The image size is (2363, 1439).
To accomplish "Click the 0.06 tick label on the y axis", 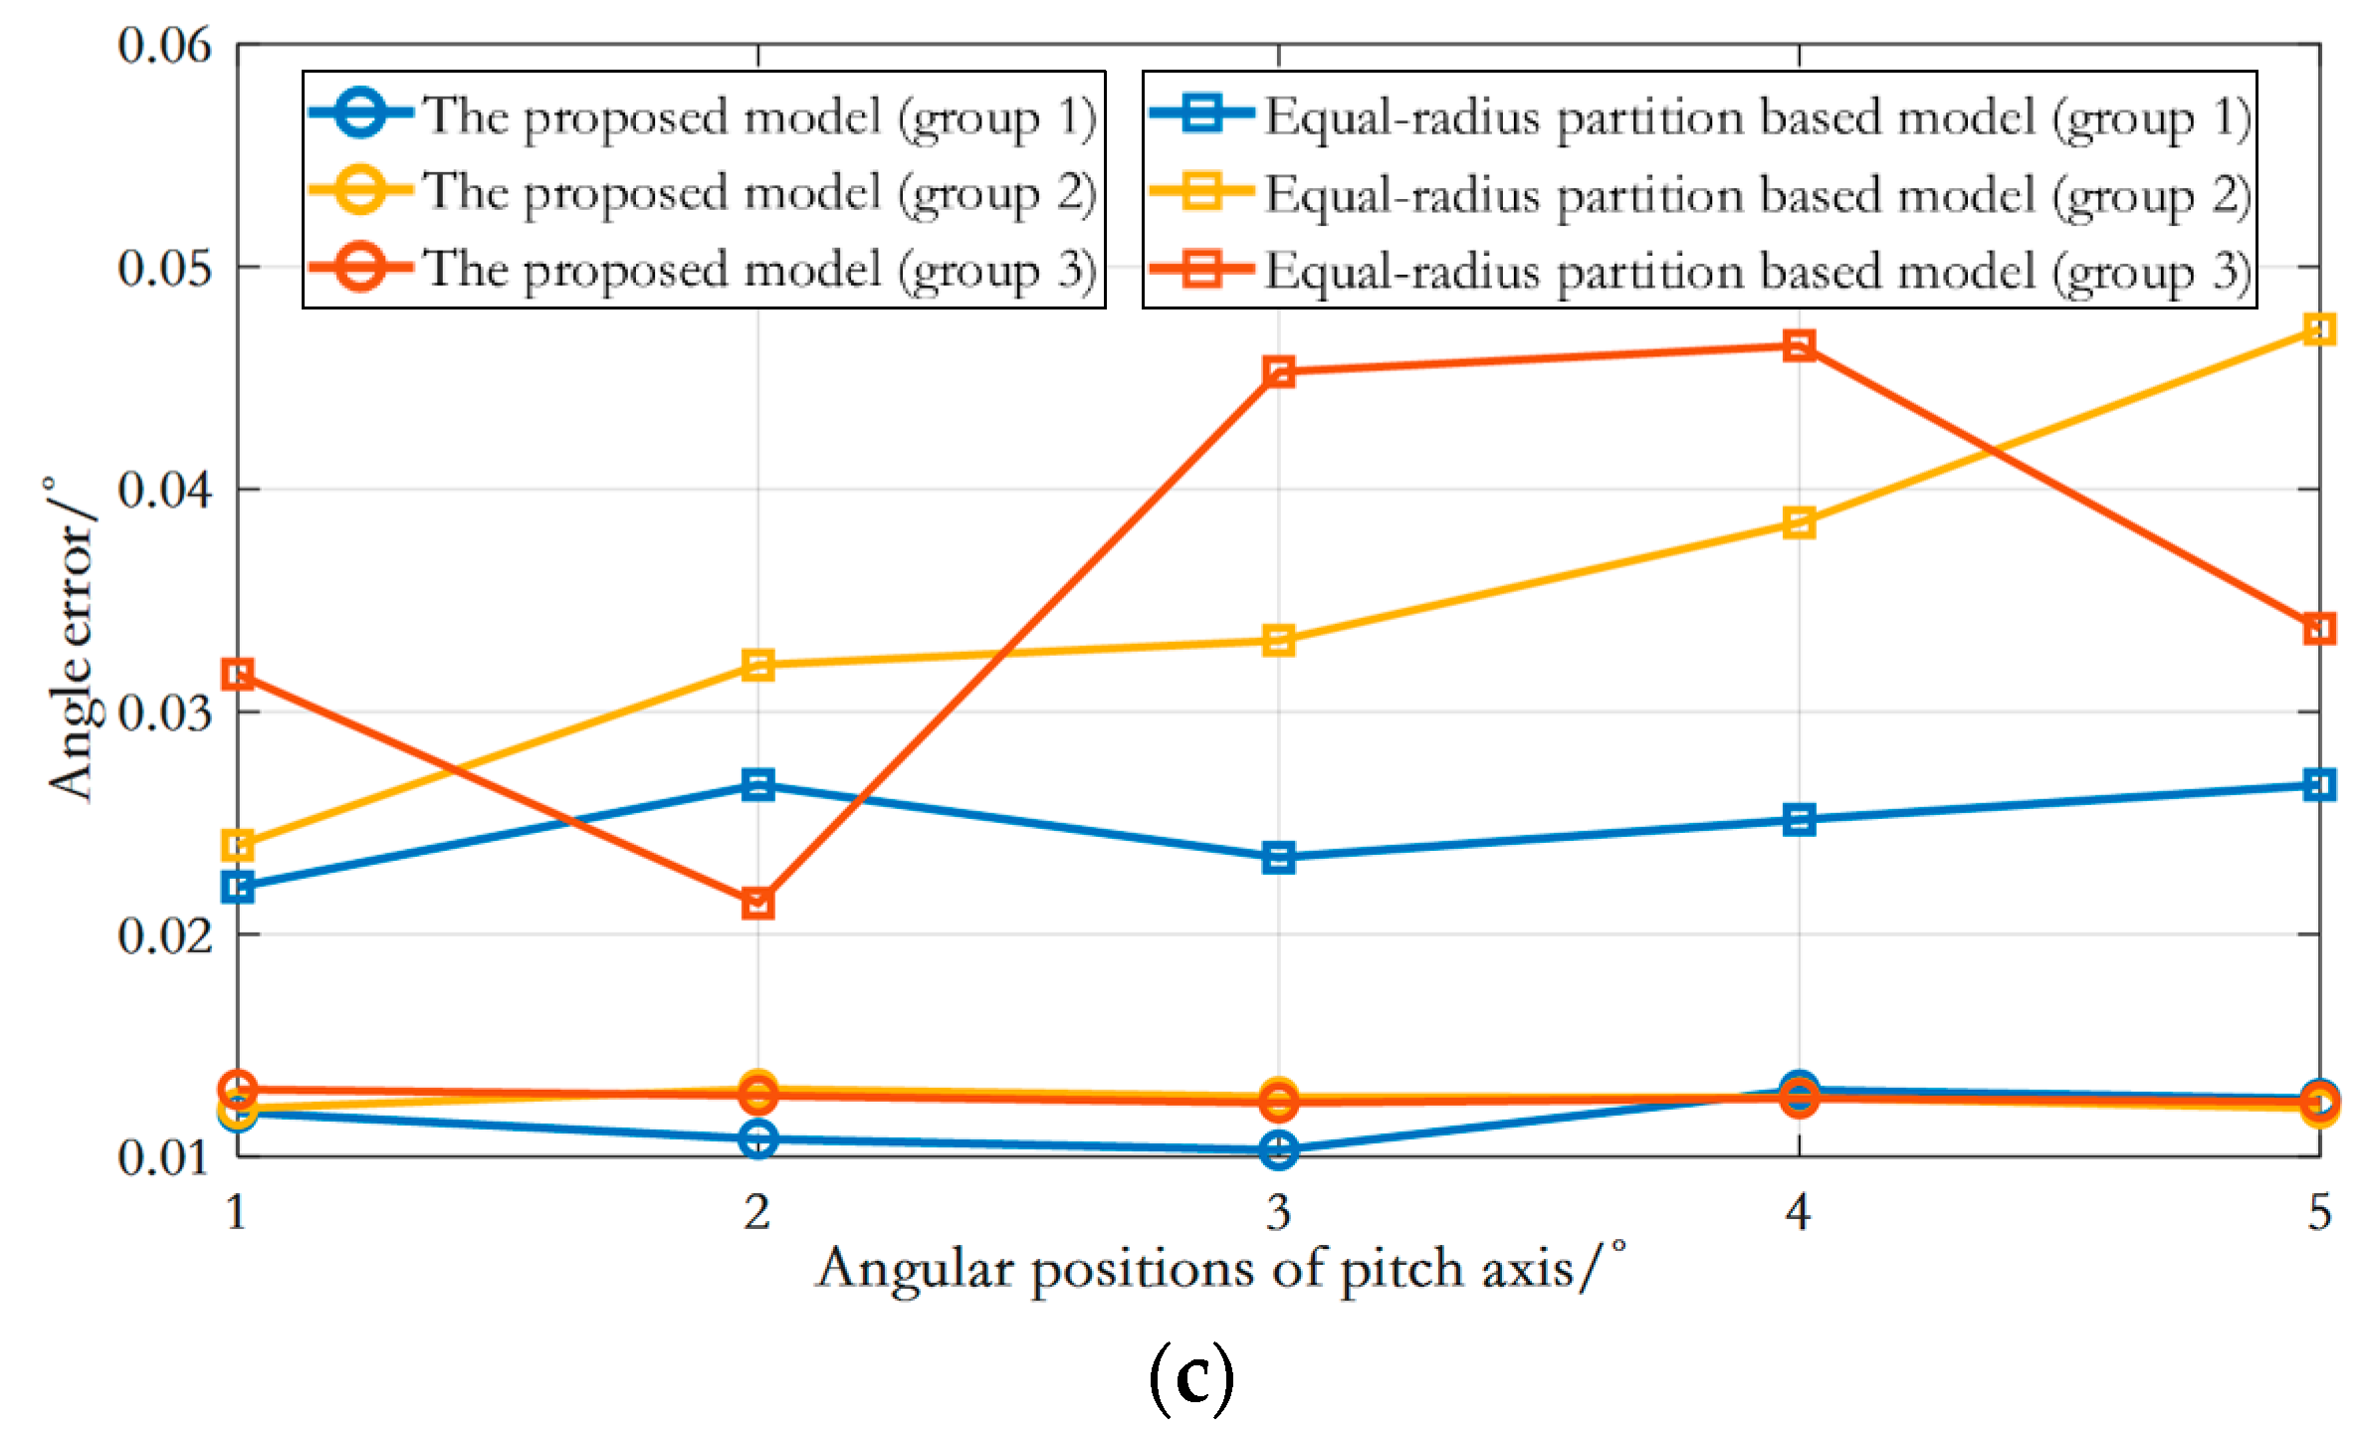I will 164,46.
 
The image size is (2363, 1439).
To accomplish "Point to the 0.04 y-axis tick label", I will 164,490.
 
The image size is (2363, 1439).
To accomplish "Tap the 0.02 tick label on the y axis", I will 164,935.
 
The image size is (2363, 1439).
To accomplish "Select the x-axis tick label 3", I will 1278,1212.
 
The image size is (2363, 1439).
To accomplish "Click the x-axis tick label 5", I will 2319,1212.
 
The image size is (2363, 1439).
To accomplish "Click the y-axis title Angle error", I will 72,639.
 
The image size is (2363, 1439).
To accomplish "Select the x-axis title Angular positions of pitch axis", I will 1220,1270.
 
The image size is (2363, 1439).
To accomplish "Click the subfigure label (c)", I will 1190,1377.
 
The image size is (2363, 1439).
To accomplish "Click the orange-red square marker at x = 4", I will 1799,346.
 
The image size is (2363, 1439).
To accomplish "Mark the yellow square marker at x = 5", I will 2319,329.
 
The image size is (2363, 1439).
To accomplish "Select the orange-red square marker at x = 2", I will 757,904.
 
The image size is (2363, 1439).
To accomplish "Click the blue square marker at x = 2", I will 757,785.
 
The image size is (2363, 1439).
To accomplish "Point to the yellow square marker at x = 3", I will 1278,640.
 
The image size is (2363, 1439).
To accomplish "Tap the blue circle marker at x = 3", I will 1278,1149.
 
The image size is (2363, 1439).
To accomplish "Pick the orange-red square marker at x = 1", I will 238,675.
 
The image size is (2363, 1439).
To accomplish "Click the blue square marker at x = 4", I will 1799,820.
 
